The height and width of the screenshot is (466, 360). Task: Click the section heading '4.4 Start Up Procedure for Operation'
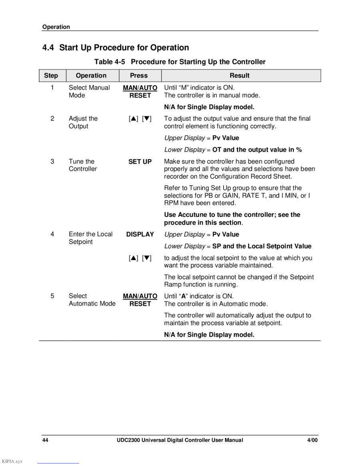[x=116, y=48]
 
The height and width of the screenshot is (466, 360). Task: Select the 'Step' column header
[x=51, y=76]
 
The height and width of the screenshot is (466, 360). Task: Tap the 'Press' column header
[x=139, y=76]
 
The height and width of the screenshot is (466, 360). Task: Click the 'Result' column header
[x=240, y=76]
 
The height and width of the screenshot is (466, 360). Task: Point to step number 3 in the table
[x=52, y=162]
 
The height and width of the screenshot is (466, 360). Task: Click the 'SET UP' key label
[x=140, y=162]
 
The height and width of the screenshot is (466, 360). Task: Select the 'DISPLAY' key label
[x=140, y=234]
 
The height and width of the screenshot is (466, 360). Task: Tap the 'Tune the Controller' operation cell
[x=82, y=165]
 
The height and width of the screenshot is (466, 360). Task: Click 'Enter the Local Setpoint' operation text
[x=90, y=238]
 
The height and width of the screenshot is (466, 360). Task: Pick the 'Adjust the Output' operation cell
[x=83, y=122]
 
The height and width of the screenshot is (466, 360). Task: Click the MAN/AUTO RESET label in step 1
[x=140, y=92]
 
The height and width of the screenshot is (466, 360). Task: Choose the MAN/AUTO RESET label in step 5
[x=140, y=300]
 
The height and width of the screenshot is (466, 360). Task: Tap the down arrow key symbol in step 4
[x=147, y=258]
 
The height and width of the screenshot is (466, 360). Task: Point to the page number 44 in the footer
[x=45, y=440]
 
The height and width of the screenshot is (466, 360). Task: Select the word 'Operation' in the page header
[x=56, y=27]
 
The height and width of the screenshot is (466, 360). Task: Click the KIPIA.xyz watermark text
[x=12, y=461]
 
